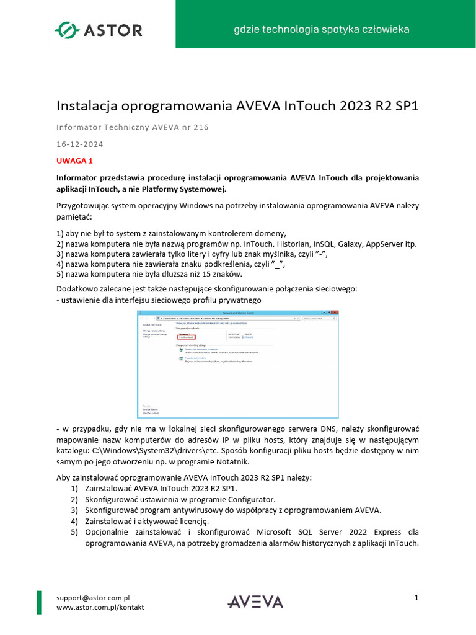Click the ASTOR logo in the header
(99, 29)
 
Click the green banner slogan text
(320, 29)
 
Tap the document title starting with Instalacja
(237, 105)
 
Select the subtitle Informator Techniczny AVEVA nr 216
(133, 128)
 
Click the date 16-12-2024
(79, 144)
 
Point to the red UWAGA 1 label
(74, 161)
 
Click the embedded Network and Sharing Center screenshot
(238, 364)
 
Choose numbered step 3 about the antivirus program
(233, 510)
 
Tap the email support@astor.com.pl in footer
(92, 598)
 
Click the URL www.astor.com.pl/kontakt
(100, 607)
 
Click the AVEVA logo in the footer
(255, 602)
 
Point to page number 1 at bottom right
(417, 597)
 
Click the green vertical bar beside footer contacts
(40, 602)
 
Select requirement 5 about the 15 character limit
(149, 273)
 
